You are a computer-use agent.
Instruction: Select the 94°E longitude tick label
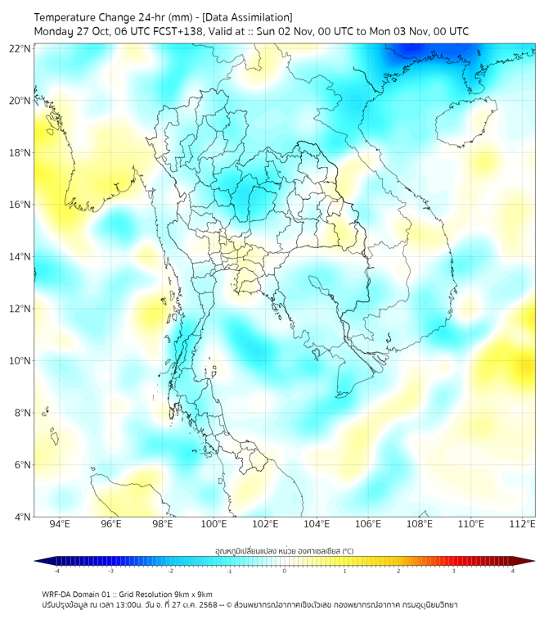pyautogui.click(x=60, y=525)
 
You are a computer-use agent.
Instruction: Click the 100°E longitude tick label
pyautogui.click(x=214, y=525)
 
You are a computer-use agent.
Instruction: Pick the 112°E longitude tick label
pyautogui.click(x=523, y=525)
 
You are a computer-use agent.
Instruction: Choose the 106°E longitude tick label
pyautogui.click(x=368, y=525)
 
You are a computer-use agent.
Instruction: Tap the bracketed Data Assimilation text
pyautogui.click(x=245, y=16)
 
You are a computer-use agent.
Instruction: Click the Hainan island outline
pyautogui.click(x=466, y=122)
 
